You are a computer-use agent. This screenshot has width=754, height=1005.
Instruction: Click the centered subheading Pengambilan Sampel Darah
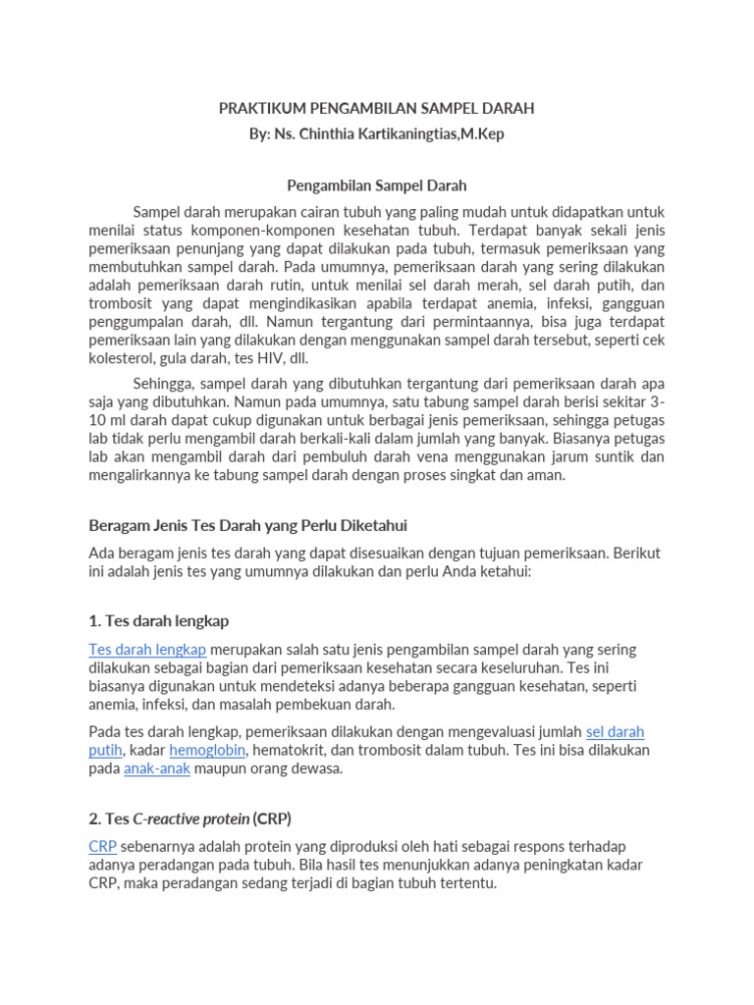[377, 185]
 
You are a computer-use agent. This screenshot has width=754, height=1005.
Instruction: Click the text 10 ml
[106, 420]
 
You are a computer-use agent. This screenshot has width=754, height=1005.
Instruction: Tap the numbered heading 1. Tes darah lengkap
[159, 621]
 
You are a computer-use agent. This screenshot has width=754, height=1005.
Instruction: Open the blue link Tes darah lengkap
[147, 649]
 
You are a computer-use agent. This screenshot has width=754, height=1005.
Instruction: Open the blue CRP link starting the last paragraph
[102, 846]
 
